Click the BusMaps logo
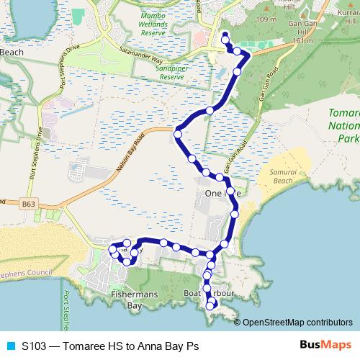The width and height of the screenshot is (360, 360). pyautogui.click(x=323, y=345)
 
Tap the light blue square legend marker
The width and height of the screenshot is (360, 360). pyautogui.click(x=9, y=345)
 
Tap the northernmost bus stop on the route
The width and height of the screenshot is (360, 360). pyautogui.click(x=225, y=36)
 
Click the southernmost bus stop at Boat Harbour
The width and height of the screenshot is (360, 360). pyautogui.click(x=210, y=307)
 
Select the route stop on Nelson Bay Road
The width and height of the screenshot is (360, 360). pyautogui.click(x=178, y=132)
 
